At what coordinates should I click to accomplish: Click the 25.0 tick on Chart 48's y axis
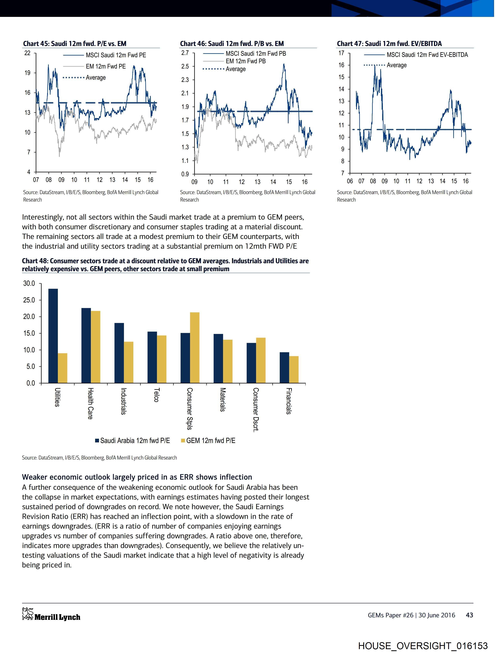point(29,300)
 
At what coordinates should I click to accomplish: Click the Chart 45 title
point(75,44)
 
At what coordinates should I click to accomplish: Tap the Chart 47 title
point(389,44)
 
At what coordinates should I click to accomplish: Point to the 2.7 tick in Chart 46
point(185,53)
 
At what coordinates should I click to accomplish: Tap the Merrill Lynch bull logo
point(28,614)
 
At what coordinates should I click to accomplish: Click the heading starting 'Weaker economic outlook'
point(137,477)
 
